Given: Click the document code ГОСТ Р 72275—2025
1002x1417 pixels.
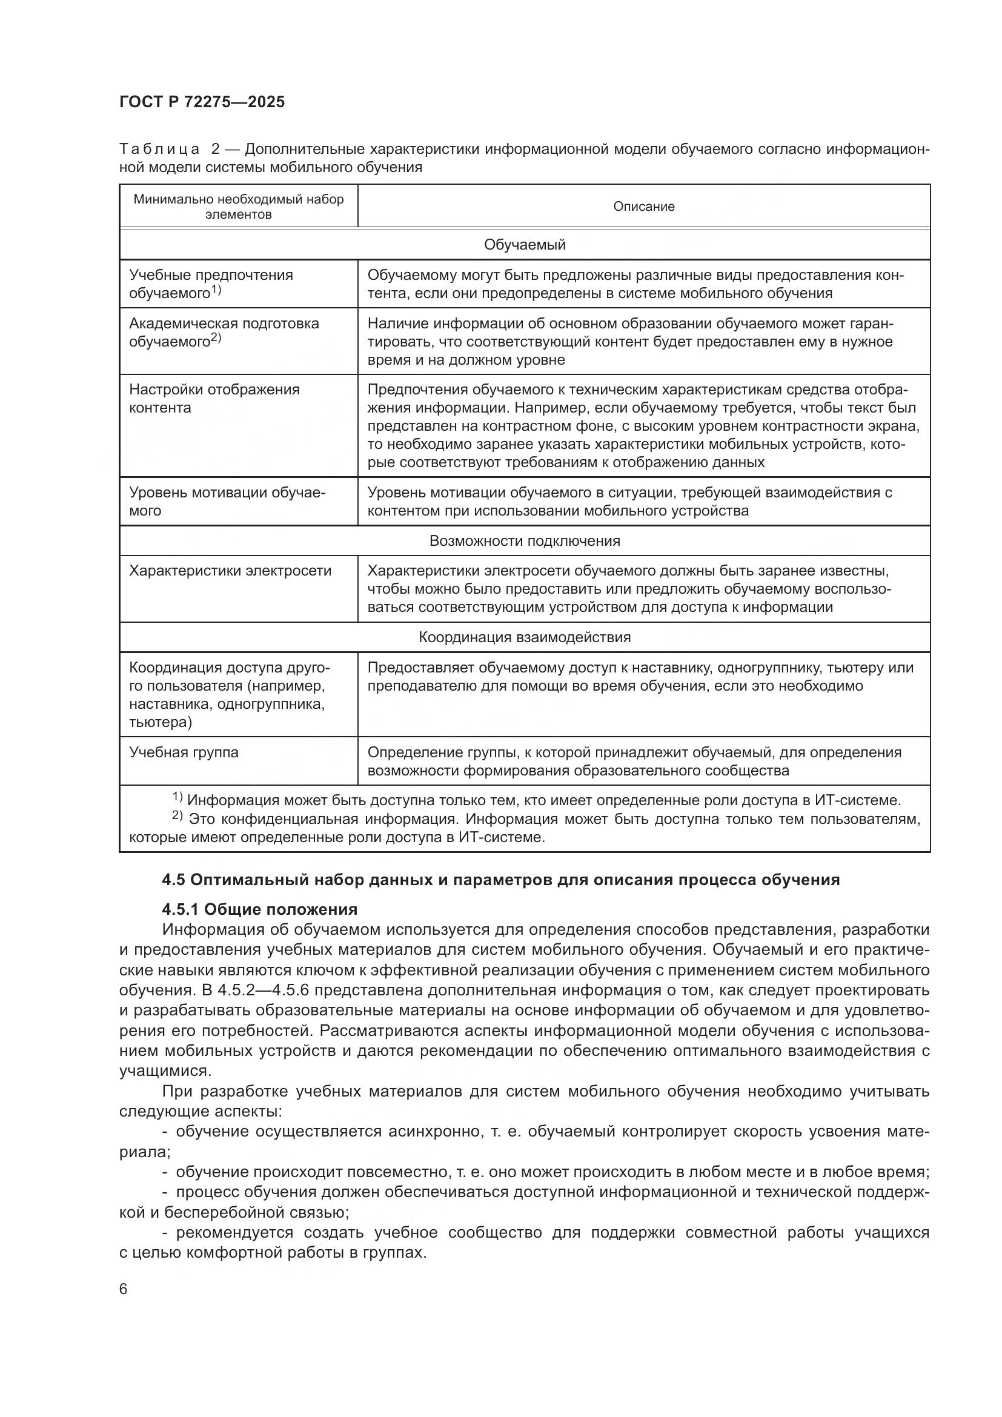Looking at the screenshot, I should [x=202, y=102].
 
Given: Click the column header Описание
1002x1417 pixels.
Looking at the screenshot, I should [x=643, y=206].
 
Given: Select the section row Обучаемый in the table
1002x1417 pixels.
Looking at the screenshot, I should [x=525, y=244].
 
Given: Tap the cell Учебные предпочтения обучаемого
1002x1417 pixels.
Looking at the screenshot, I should [x=211, y=284].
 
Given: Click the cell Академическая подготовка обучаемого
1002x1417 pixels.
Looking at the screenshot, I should [x=224, y=332].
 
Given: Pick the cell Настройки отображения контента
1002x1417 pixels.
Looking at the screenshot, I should [x=214, y=398].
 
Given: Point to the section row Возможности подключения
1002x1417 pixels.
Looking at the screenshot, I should [x=525, y=540].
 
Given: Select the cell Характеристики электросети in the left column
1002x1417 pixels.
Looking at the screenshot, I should [x=230, y=570].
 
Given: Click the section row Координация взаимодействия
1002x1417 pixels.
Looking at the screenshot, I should [x=525, y=637].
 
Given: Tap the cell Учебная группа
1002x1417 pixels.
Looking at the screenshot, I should [x=184, y=752].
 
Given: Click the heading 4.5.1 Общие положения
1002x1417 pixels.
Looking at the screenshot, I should [x=260, y=909].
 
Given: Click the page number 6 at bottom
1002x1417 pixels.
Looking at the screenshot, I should [x=124, y=1289].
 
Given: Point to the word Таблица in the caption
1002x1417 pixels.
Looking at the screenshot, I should [x=159, y=150].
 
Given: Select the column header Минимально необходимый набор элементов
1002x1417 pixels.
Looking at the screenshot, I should [x=238, y=206].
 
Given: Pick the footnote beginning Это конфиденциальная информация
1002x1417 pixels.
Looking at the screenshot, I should [x=525, y=828].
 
